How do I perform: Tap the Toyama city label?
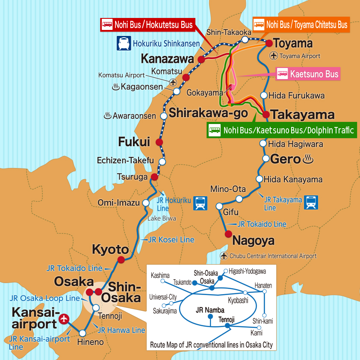293,44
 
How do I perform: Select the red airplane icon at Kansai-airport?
64,318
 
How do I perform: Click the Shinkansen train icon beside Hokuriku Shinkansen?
124,43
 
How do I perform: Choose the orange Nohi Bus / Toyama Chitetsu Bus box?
301,25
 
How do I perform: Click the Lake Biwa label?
162,218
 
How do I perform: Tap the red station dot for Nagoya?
228,234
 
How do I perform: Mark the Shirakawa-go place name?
208,113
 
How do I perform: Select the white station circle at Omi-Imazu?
146,203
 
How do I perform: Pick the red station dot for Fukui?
159,142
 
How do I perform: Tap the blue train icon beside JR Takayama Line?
311,202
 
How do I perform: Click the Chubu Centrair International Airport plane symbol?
224,256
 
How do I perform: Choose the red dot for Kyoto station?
121,259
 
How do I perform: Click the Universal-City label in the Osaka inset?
163,297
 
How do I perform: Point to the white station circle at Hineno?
83,333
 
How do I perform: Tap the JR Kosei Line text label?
171,240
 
